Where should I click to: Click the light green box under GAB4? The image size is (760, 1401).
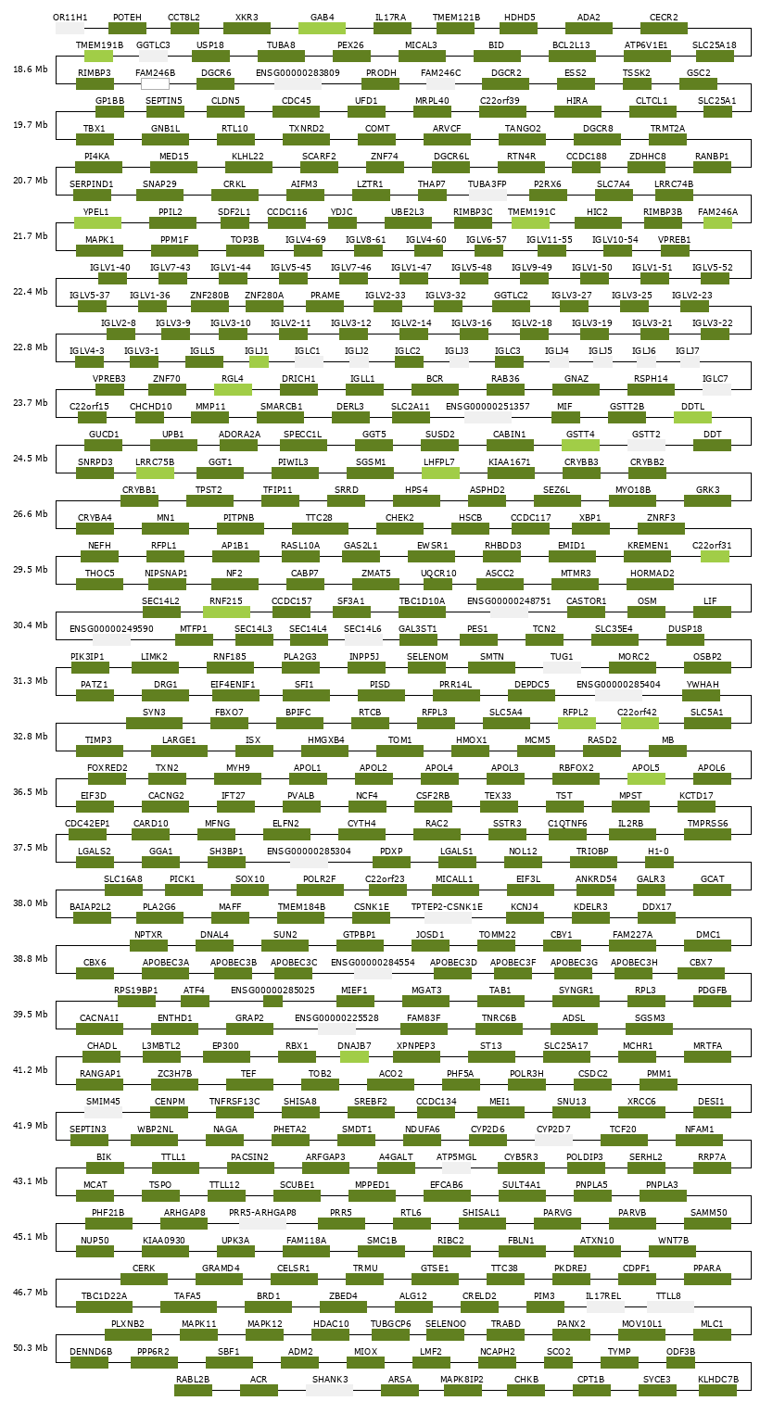tap(322, 29)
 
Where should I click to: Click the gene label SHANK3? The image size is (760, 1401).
tap(330, 1379)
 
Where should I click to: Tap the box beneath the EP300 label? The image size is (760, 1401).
tap(225, 1057)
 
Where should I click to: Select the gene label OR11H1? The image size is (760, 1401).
tap(70, 17)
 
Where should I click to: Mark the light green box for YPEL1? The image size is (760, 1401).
tap(96, 223)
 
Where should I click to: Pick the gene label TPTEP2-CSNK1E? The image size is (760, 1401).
tap(447, 906)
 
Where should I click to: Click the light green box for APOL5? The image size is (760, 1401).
tap(646, 779)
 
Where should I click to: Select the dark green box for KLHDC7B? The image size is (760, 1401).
tap(717, 1391)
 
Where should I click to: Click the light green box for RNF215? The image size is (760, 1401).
tap(226, 612)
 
